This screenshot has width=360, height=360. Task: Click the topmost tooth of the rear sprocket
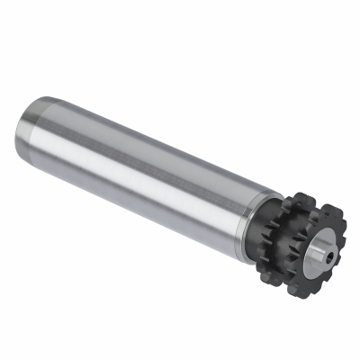click(301, 195)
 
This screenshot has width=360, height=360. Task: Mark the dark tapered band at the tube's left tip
click(22, 135)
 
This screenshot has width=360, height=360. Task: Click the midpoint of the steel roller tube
click(135, 166)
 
